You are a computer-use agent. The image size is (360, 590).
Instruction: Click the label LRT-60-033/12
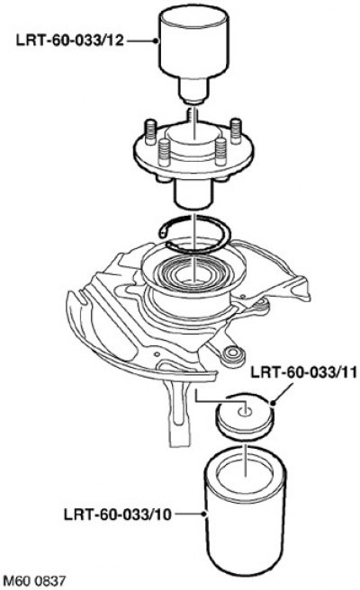pos(70,40)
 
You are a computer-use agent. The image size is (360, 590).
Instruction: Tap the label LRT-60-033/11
pos(303,373)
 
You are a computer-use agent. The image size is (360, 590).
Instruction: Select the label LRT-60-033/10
pos(118,514)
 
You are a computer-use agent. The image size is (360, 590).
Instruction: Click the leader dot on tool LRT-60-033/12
pos(156,40)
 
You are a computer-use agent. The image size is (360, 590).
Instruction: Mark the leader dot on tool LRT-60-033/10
pos(203,514)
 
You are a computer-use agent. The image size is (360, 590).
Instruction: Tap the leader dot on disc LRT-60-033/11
pos(273,403)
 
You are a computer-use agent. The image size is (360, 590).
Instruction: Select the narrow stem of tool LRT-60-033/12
pos(193,90)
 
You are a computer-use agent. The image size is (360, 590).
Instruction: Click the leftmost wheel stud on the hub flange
pos(150,131)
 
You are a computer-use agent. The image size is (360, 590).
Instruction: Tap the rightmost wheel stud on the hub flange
pos(236,130)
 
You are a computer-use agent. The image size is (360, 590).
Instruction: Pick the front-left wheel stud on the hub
pos(165,152)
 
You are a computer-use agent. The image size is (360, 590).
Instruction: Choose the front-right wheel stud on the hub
pos(221,152)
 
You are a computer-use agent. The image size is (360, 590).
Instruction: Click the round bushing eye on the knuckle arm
pos(233,355)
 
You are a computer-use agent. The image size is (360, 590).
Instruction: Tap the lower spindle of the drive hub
pos(193,192)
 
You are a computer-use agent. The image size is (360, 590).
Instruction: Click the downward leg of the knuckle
pos(180,414)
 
